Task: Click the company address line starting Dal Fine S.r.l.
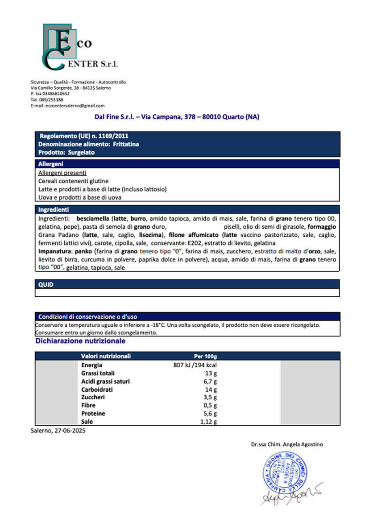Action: pos(177,117)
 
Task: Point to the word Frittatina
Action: pos(125,144)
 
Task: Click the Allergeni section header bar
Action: pos(187,164)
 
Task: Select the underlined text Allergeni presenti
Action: pos(62,172)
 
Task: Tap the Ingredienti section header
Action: pos(187,209)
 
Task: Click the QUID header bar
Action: pos(187,284)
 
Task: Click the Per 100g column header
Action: pos(205,356)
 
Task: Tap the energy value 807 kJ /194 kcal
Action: pos(195,365)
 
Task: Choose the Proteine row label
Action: pos(93,414)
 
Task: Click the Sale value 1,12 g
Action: pos(208,422)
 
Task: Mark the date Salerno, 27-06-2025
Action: pos(58,431)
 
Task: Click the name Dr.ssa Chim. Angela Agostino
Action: pos(286,444)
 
